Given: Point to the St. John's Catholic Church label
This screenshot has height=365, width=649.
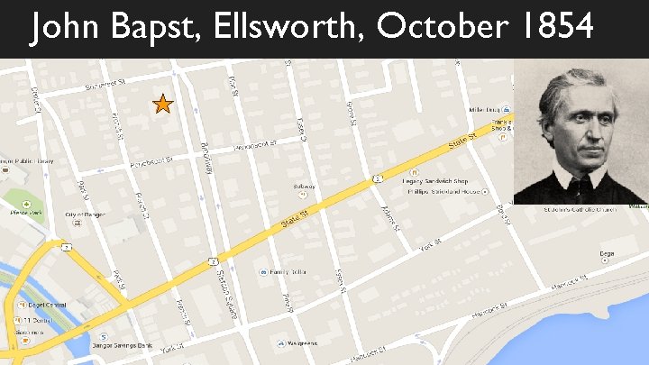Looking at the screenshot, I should (x=581, y=210).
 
